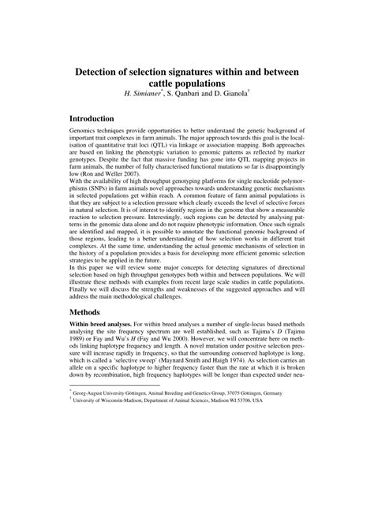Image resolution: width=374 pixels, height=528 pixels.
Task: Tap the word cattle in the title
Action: coord(166,83)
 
